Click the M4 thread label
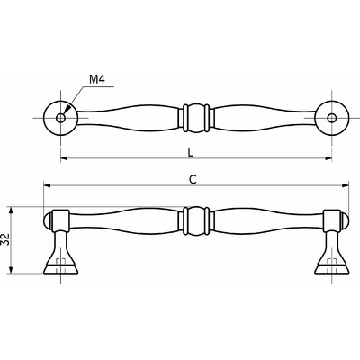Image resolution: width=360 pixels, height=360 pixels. (x=97, y=79)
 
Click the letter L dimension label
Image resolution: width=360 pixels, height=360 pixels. (x=190, y=152)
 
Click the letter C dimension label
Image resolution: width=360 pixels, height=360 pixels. (x=193, y=179)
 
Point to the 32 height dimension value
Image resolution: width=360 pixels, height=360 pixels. (x=6, y=239)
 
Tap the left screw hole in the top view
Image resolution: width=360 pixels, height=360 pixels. (x=61, y=118)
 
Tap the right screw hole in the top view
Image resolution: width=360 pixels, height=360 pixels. (x=331, y=118)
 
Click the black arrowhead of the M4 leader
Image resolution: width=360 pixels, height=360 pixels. (x=68, y=108)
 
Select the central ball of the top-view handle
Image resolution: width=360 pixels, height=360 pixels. (x=196, y=118)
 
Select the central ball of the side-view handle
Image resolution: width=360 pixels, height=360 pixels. (x=196, y=221)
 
